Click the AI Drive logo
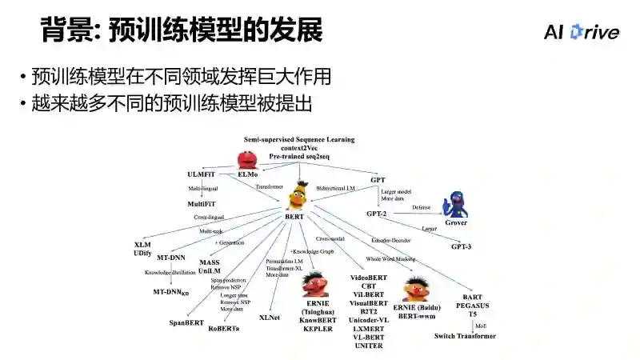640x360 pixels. click(x=582, y=32)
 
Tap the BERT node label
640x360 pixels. click(x=295, y=217)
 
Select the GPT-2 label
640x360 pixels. click(x=377, y=214)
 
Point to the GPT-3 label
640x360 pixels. click(x=461, y=246)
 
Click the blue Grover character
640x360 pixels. click(x=456, y=204)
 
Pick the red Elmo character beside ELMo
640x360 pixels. click(x=246, y=159)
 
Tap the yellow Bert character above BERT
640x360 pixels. click(x=298, y=194)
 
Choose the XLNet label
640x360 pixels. click(x=269, y=317)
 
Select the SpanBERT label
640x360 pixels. click(x=186, y=322)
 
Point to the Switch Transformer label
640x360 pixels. click(x=465, y=336)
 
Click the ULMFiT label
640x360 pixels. click(x=201, y=174)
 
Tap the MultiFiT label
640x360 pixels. click(x=201, y=204)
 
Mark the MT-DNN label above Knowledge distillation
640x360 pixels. click(x=171, y=258)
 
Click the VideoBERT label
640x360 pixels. click(x=368, y=277)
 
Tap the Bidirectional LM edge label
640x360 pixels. click(x=335, y=188)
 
